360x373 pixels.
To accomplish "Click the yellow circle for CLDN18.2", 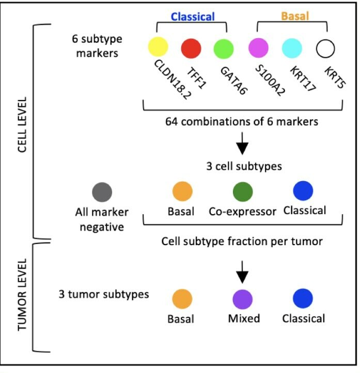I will (x=159, y=47).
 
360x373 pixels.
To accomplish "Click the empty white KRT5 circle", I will (x=325, y=48).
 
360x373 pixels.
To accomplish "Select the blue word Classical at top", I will (x=193, y=17).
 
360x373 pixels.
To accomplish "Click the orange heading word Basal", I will (x=294, y=17).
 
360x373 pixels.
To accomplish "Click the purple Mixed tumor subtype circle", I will (x=242, y=299).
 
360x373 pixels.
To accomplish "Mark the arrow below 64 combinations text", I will (x=242, y=147).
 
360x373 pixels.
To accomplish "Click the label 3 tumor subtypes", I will (x=104, y=295).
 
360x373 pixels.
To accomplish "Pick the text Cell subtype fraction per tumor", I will (x=242, y=241).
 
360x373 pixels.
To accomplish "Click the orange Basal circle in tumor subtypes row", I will (x=182, y=299).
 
